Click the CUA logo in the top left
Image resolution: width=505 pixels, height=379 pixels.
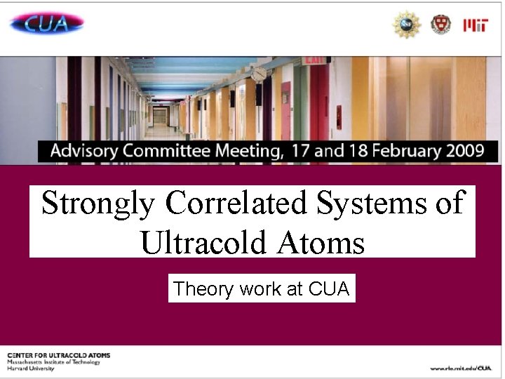click(x=46, y=25)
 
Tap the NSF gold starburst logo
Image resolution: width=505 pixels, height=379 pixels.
click(x=406, y=25)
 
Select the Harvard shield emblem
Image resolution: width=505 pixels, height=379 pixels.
click(x=440, y=25)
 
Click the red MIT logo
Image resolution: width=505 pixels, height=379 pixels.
click(x=476, y=25)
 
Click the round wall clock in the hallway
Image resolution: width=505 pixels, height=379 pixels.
click(x=260, y=74)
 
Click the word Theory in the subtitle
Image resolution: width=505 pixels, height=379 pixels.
click(x=204, y=288)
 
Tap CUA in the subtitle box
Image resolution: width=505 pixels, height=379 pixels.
click(x=328, y=288)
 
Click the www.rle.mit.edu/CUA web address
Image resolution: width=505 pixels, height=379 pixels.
click(x=461, y=368)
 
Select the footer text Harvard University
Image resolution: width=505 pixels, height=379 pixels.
click(x=32, y=368)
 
